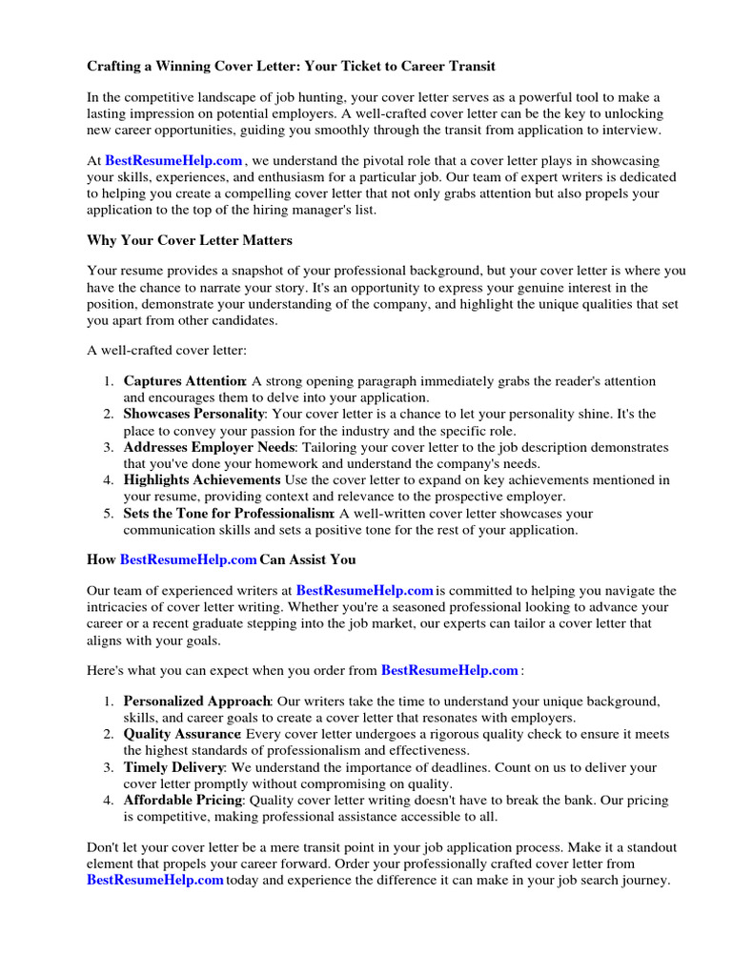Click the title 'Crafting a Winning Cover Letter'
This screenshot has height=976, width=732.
[x=291, y=67]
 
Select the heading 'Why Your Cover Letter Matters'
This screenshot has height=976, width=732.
[x=190, y=240]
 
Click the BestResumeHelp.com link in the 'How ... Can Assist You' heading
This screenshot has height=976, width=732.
[x=189, y=559]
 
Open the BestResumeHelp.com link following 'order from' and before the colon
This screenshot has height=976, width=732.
[x=450, y=670]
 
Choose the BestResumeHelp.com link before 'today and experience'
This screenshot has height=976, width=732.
[x=155, y=881]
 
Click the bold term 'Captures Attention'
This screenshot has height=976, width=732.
[x=185, y=381]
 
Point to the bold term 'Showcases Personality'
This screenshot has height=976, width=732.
[x=193, y=415]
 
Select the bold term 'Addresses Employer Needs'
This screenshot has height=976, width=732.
[x=210, y=447]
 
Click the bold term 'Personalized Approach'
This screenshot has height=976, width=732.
[x=197, y=701]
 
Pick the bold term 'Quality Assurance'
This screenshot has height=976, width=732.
[x=182, y=735]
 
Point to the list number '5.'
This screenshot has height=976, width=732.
[x=110, y=514]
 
